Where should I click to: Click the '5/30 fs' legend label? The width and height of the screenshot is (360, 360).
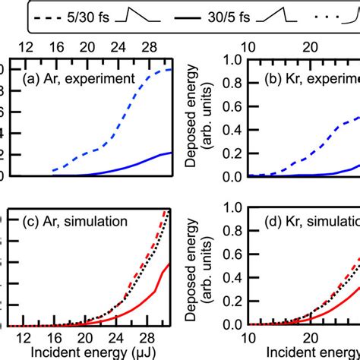pyautogui.click(x=93, y=14)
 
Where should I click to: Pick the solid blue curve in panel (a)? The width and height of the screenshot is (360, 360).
pyautogui.click(x=137, y=165)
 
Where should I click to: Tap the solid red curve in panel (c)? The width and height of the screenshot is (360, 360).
pyautogui.click(x=144, y=295)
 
